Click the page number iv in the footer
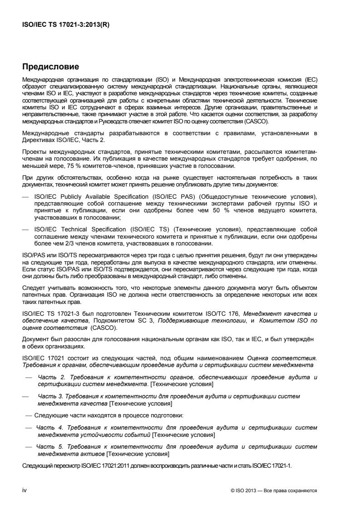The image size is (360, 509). [25, 490]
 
